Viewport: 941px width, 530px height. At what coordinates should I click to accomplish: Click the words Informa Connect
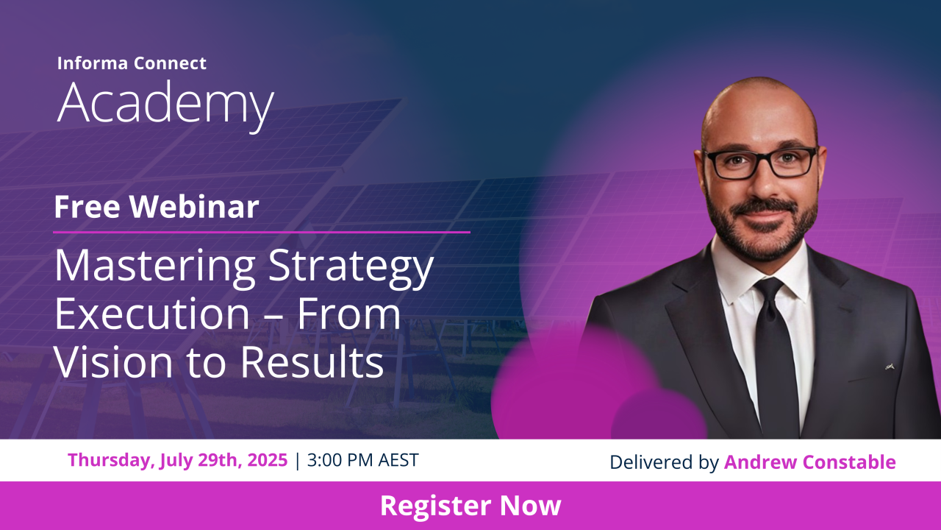[x=132, y=63]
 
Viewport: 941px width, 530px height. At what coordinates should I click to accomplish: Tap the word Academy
[x=165, y=105]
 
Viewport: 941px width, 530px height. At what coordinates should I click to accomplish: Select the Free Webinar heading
[x=157, y=207]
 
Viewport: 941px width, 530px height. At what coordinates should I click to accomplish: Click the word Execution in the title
[x=152, y=314]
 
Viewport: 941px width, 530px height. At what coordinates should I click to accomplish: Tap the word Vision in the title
[x=113, y=361]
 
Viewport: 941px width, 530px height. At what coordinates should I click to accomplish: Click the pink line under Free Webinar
[x=261, y=232]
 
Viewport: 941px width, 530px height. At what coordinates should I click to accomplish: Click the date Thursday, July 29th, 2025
[x=177, y=460]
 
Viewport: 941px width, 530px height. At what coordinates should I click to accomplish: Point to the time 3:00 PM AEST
[x=363, y=460]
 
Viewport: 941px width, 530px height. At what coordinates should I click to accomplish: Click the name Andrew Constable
[x=809, y=462]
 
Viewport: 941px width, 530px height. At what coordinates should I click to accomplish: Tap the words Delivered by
[x=664, y=462]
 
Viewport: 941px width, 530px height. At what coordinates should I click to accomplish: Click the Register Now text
[x=470, y=505]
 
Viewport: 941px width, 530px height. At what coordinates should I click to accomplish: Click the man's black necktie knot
[x=769, y=289]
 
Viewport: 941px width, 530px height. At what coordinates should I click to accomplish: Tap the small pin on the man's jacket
[x=890, y=367]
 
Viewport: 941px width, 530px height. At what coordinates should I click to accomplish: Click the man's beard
[x=761, y=229]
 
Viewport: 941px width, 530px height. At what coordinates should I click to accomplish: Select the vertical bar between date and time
[x=298, y=461]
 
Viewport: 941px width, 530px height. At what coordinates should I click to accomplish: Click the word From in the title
[x=348, y=314]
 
